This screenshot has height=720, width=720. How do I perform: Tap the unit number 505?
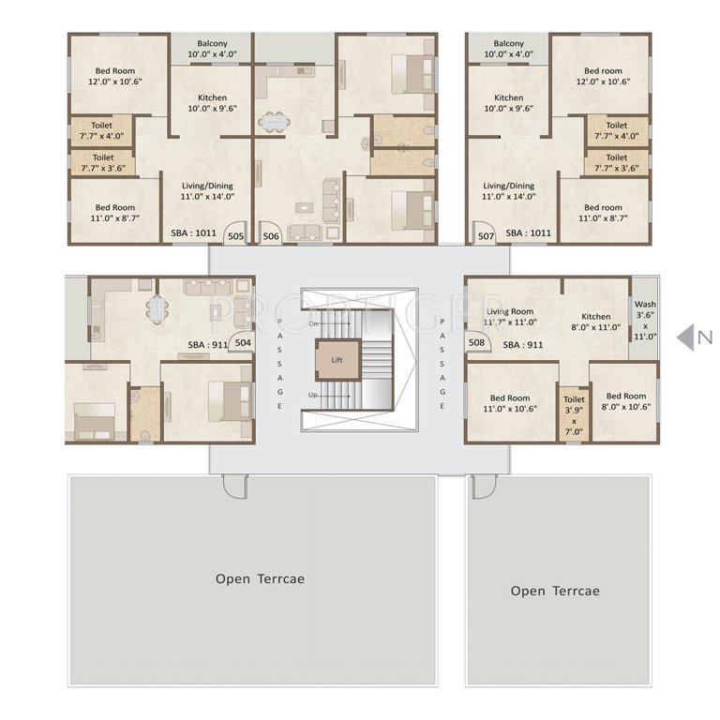point(235,237)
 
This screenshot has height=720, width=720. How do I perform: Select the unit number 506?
point(271,237)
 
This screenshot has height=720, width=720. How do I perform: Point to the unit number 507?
point(485,237)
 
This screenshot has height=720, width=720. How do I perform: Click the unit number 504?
point(243,343)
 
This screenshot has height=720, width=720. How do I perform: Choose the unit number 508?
point(476,343)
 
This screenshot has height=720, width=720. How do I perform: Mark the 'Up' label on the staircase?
point(313,395)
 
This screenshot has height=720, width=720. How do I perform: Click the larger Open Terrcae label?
point(260,578)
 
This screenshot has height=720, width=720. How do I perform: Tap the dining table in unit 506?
point(275,121)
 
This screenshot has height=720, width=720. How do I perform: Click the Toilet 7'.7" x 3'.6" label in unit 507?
point(616,162)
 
